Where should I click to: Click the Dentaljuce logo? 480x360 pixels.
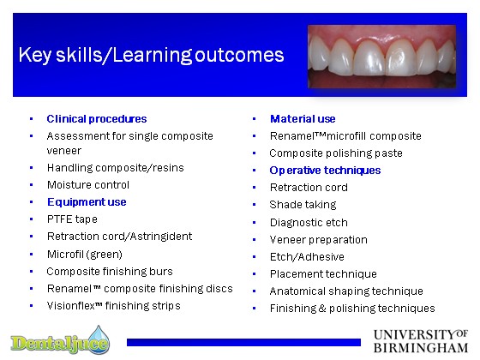(60, 341)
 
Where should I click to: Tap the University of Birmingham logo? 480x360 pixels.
(421, 341)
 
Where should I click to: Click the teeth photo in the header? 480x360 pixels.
(381, 57)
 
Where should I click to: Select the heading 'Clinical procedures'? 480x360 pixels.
(97, 119)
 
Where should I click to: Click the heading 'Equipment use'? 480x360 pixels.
(87, 202)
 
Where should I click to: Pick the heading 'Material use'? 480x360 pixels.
(303, 119)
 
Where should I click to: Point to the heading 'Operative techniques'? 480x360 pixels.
(325, 171)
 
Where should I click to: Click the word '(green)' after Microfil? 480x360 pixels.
(105, 254)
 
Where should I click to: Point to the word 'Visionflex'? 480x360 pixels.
(70, 305)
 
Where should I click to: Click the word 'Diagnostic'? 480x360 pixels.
(293, 223)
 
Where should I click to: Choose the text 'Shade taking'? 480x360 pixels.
(303, 205)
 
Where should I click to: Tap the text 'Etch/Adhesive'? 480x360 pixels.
(307, 257)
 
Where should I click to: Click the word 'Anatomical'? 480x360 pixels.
(297, 291)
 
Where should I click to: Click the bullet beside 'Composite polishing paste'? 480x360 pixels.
(254, 153)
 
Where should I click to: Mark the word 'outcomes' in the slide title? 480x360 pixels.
(239, 55)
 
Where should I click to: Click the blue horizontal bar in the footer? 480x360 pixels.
(243, 342)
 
